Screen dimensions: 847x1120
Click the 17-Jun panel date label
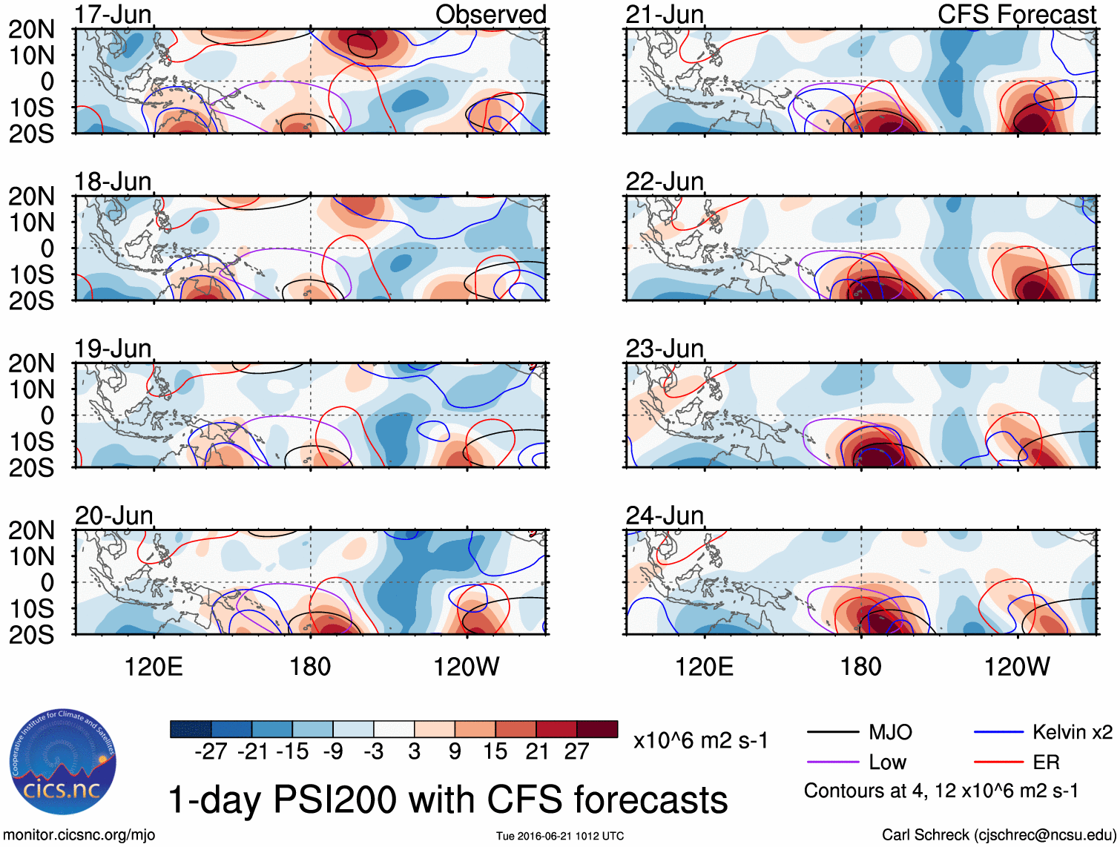113,14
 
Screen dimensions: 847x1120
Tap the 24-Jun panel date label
665,515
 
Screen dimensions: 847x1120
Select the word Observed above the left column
490,14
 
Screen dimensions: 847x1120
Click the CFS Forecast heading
1016,14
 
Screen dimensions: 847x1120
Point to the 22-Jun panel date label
665,181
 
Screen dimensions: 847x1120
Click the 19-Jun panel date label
113,348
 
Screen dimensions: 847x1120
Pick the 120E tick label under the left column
154,666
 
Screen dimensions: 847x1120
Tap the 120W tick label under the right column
1016,666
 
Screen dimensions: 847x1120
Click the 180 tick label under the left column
310,666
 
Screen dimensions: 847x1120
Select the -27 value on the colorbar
211,751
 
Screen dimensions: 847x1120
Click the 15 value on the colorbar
495,751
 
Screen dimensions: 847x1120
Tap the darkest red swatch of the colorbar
597,729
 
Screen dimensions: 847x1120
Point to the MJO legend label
890,733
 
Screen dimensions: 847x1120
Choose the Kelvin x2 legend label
1072,733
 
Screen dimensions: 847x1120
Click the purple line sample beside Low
832,762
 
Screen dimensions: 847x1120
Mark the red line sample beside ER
998,762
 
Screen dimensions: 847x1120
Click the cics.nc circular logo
62,761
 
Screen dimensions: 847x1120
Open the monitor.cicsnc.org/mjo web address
79,835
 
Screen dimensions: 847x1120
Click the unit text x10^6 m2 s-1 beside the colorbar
700,740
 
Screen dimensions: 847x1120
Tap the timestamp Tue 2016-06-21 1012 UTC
560,836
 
